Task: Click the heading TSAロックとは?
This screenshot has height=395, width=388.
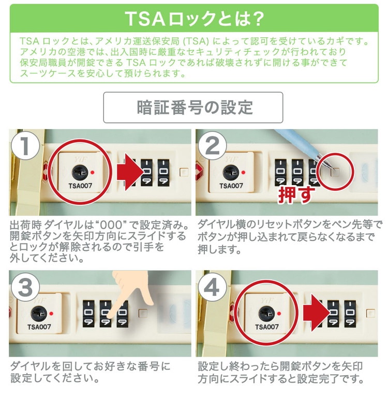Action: coord(194,19)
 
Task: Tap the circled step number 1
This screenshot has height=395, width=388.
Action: coord(25,146)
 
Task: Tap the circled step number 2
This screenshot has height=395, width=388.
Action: coord(213,146)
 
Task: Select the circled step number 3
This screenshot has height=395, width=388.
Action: coord(25,287)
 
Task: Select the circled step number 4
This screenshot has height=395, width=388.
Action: coord(213,287)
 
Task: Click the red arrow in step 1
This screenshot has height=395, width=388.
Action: coord(130,172)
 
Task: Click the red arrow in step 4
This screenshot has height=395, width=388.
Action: coord(317,313)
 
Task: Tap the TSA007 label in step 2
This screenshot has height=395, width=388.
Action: coord(231,186)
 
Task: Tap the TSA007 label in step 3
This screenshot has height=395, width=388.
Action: coord(39,327)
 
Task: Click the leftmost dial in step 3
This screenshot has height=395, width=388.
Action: coord(88,314)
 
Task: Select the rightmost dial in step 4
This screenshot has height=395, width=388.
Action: coord(350,314)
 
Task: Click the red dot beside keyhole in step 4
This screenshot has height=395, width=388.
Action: coord(279,314)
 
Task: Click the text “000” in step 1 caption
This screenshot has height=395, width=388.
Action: coord(111,225)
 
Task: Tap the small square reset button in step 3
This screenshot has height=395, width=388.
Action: coord(143,314)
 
